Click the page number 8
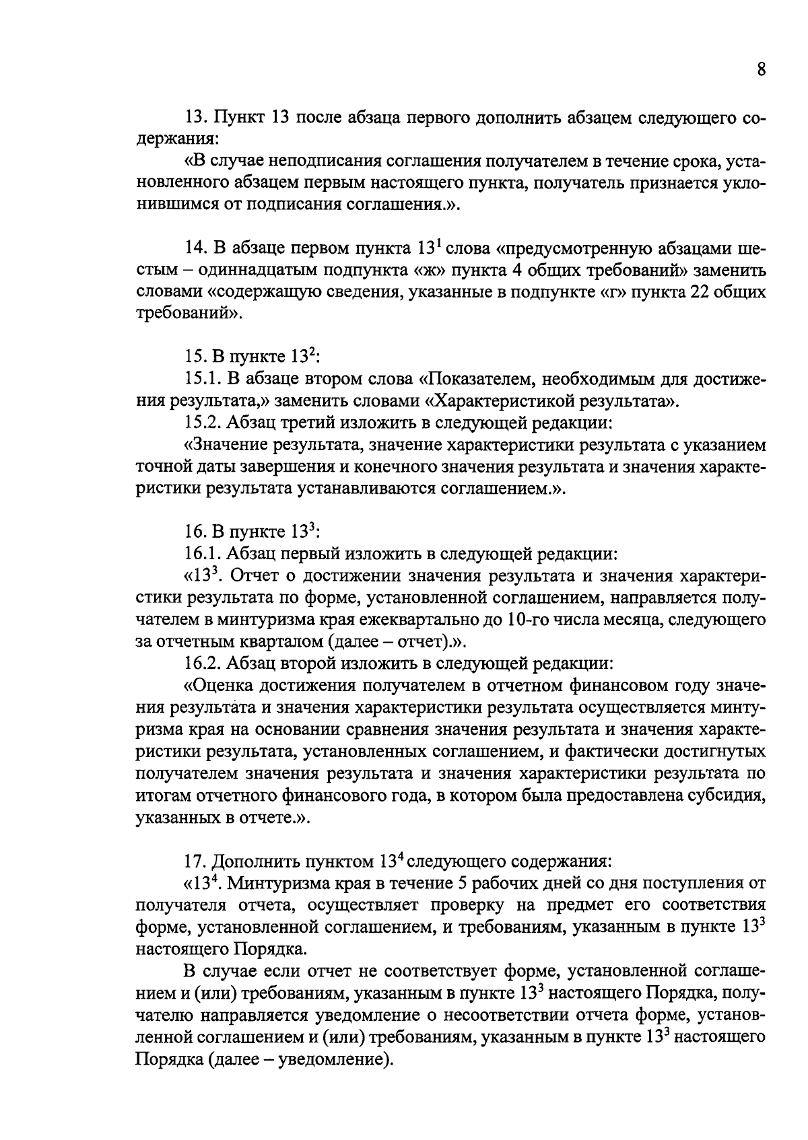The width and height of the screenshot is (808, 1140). [x=761, y=70]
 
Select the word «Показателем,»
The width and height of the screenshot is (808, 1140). [x=479, y=380]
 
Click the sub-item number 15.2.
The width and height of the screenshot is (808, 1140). [x=201, y=424]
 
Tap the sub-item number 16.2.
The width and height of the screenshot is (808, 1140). [x=201, y=664]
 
